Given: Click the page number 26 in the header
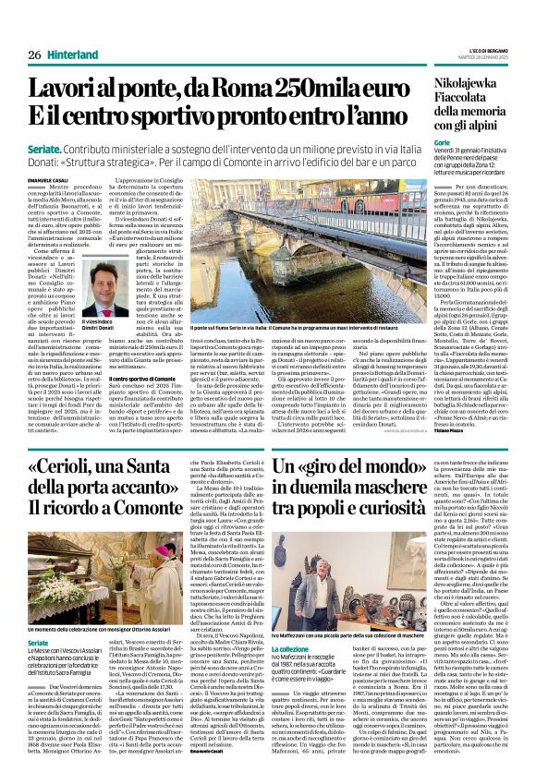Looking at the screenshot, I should click(34, 30).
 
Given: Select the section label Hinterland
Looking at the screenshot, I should click(74, 30).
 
